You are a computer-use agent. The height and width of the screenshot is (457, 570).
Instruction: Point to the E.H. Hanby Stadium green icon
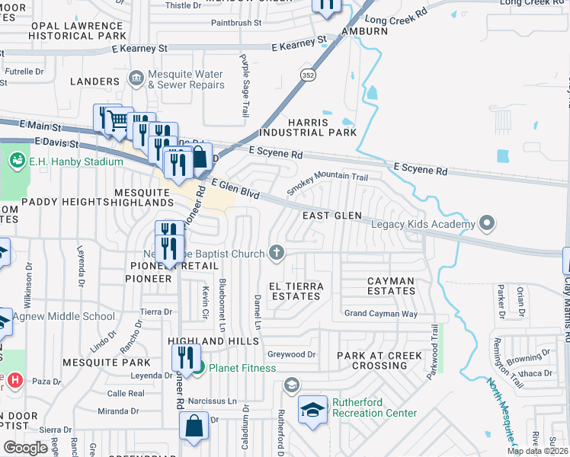[16, 161]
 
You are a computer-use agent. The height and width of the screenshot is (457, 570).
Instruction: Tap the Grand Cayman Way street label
[380, 314]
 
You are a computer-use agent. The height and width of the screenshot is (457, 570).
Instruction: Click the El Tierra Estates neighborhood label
[296, 291]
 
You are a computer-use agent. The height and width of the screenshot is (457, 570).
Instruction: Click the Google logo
[25, 447]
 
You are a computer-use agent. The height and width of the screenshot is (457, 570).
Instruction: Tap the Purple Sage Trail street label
[245, 85]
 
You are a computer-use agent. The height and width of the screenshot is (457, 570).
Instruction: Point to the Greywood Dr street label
[291, 354]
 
